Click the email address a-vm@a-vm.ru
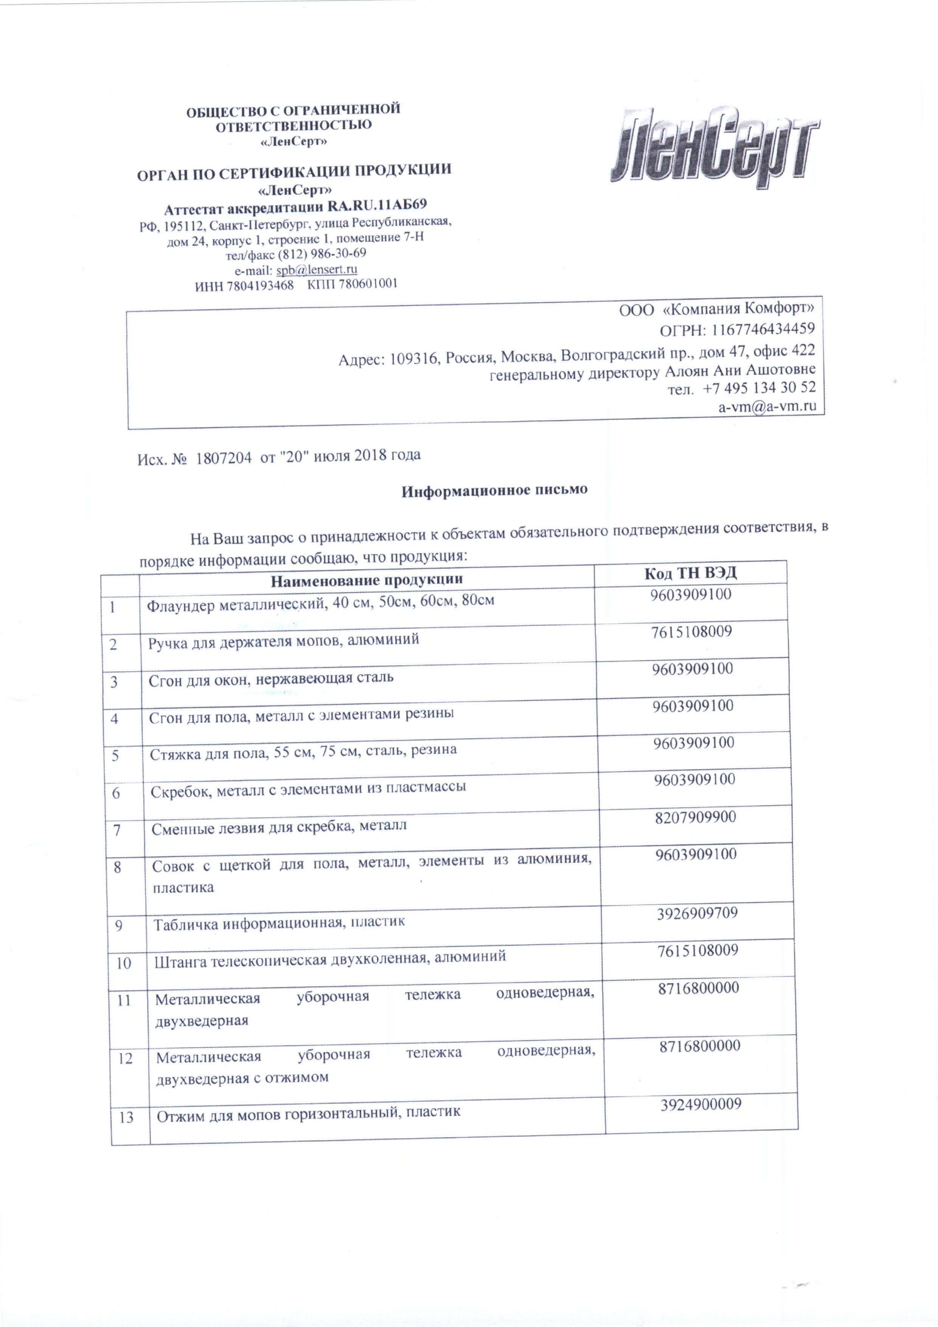(767, 406)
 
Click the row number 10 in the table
(124, 963)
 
